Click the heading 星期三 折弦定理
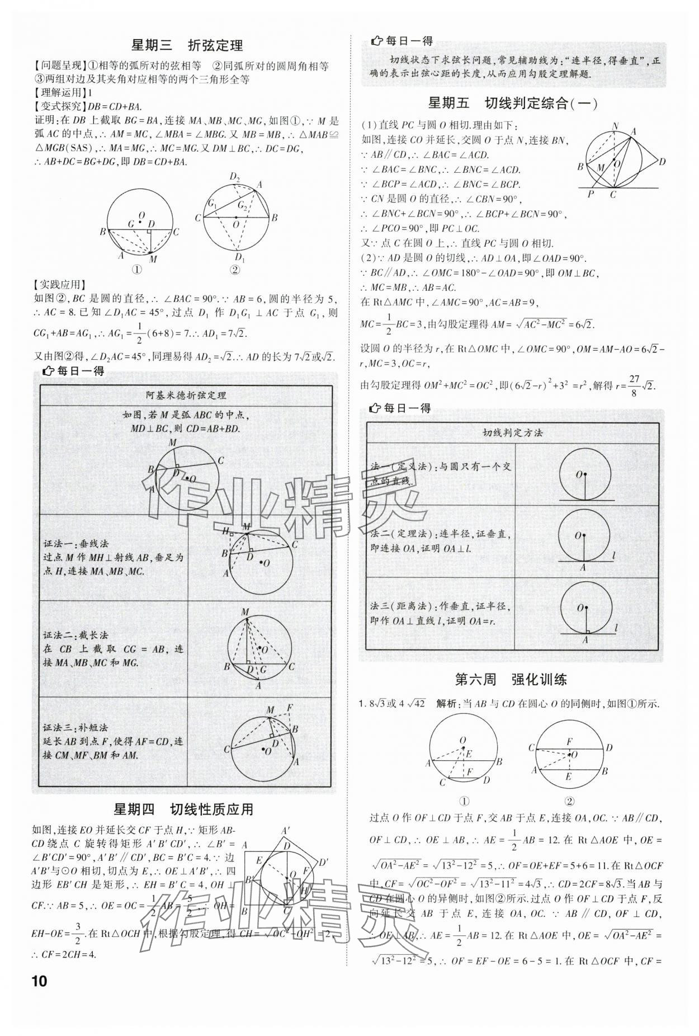pyautogui.click(x=187, y=45)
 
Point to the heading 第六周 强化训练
pyautogui.click(x=511, y=680)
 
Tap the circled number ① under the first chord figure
pyautogui.click(x=136, y=270)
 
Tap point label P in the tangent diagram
pyautogui.click(x=591, y=194)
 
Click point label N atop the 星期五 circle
pyautogui.click(x=615, y=126)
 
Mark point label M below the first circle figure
pyautogui.click(x=153, y=259)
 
